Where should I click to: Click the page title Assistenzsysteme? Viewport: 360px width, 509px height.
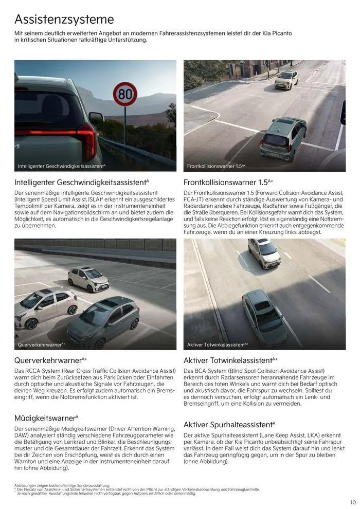point(64,20)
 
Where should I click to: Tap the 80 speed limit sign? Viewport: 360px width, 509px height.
point(125,94)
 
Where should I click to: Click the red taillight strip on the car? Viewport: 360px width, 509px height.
point(57,135)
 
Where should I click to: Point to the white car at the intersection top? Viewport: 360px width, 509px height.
point(286,80)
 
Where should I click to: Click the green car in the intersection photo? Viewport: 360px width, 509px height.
point(283,139)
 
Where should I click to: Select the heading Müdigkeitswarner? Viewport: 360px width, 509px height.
point(46,418)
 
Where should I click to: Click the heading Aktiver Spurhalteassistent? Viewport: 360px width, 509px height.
point(229,425)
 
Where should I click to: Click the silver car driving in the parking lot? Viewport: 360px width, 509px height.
point(88,279)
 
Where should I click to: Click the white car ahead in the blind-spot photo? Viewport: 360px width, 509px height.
point(264,253)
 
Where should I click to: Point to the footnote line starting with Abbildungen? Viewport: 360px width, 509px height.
point(62,485)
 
